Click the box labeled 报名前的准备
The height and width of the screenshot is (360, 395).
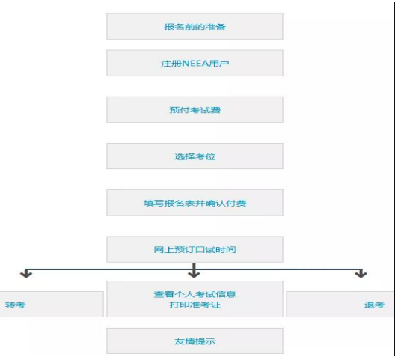click(x=195, y=26)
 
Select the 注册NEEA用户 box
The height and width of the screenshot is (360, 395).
click(x=195, y=63)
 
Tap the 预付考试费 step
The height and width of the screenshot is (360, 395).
click(x=195, y=110)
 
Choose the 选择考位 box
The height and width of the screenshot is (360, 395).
click(x=195, y=156)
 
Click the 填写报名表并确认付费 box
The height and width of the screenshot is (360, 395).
click(x=195, y=203)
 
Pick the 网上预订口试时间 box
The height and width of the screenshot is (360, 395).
click(x=195, y=249)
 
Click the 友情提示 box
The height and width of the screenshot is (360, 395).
click(x=195, y=341)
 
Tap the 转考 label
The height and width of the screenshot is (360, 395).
click(x=15, y=305)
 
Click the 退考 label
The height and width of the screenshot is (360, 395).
click(x=374, y=305)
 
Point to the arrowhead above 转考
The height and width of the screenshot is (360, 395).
click(x=26, y=274)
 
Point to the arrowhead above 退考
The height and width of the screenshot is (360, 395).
click(x=361, y=274)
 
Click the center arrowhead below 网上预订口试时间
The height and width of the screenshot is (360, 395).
click(x=194, y=273)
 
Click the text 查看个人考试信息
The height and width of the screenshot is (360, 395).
click(x=195, y=294)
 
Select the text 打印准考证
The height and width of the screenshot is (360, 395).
click(x=195, y=305)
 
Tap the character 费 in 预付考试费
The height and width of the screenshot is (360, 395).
click(x=215, y=110)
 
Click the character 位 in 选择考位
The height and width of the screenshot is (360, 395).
click(x=211, y=156)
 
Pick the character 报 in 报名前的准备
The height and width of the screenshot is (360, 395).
click(x=169, y=27)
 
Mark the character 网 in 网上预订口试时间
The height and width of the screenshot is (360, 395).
click(x=159, y=249)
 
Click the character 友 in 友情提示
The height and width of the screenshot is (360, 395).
click(x=180, y=341)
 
